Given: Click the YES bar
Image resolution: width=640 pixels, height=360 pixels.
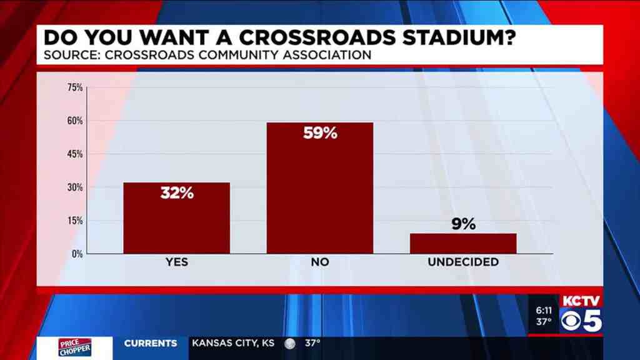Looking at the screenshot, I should tap(176, 218).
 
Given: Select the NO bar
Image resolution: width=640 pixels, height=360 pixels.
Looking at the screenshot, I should tap(319, 187).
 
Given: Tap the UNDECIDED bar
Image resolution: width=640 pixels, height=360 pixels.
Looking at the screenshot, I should tap(463, 243).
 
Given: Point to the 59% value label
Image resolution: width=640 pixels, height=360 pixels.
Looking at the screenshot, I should tap(320, 133).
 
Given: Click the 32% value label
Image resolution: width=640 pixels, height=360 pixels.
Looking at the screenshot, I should tap(177, 193).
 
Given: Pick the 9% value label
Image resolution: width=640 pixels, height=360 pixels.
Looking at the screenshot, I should tap(464, 224).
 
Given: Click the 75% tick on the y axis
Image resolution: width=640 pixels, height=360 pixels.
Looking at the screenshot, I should tap(75, 87).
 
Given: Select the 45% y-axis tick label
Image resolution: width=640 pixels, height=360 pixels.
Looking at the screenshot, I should tap(75, 154).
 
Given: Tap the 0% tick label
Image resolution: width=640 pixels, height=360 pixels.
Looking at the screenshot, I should tap(77, 254).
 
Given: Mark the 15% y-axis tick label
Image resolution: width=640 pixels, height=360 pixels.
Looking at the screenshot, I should tap(75, 221).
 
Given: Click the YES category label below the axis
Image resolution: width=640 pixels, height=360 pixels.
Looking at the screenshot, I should tap(177, 262).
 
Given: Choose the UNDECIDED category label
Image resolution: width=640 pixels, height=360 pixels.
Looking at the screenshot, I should tap(463, 262).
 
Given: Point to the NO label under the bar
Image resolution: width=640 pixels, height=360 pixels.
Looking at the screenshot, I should tap(320, 262).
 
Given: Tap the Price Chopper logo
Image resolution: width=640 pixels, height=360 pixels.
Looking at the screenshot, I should tap(74, 347).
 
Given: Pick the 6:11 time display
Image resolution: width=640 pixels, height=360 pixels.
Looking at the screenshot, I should tap(544, 310).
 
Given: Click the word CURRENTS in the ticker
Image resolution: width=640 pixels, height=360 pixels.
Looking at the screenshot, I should tap(151, 343).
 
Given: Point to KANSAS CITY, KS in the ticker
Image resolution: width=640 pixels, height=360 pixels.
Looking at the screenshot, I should tap(233, 343).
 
